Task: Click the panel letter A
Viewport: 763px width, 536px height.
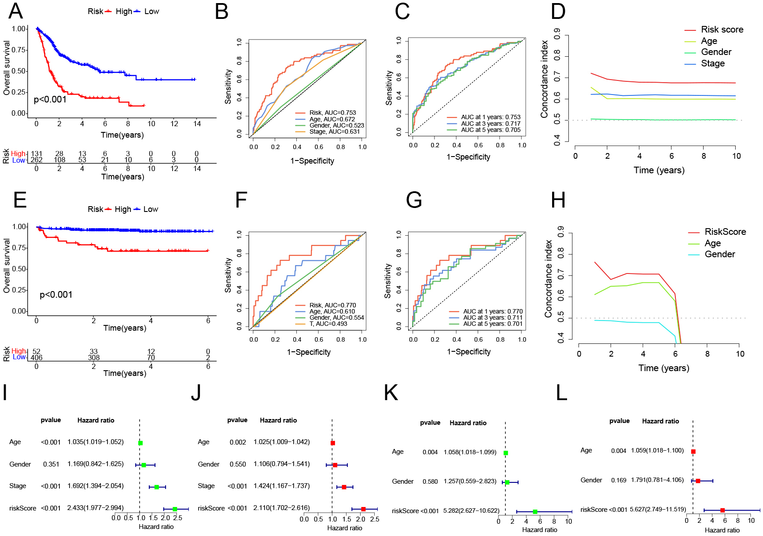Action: (x=16, y=11)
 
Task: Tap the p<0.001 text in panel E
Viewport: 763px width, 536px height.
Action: (x=56, y=295)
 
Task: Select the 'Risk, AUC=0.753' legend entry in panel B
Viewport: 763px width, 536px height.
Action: (x=332, y=113)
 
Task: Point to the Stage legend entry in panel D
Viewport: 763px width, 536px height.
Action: (x=712, y=64)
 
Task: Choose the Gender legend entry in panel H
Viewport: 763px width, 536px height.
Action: (x=719, y=254)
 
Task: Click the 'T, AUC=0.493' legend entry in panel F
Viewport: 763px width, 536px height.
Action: (x=328, y=324)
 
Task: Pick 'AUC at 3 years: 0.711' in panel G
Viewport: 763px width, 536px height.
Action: (x=492, y=317)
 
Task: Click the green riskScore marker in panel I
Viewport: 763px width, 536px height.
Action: (x=175, y=509)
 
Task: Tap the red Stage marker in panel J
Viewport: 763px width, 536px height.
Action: (x=344, y=487)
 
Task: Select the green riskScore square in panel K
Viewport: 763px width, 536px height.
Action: (x=535, y=511)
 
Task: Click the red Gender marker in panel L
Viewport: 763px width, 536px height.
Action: (x=698, y=481)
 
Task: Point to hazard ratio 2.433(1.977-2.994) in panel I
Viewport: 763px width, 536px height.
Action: (x=95, y=508)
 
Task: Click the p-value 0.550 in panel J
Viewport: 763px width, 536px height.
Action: (x=238, y=464)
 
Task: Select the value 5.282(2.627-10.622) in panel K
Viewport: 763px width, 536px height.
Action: (x=471, y=511)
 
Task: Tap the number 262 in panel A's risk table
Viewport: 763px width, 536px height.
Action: (x=37, y=160)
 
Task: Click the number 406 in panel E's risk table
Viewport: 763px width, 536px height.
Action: (x=37, y=358)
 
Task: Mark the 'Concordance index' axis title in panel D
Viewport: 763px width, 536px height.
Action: (x=545, y=79)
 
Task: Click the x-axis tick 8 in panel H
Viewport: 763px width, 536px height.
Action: (x=708, y=354)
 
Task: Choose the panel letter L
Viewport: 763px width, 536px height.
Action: (x=561, y=393)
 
